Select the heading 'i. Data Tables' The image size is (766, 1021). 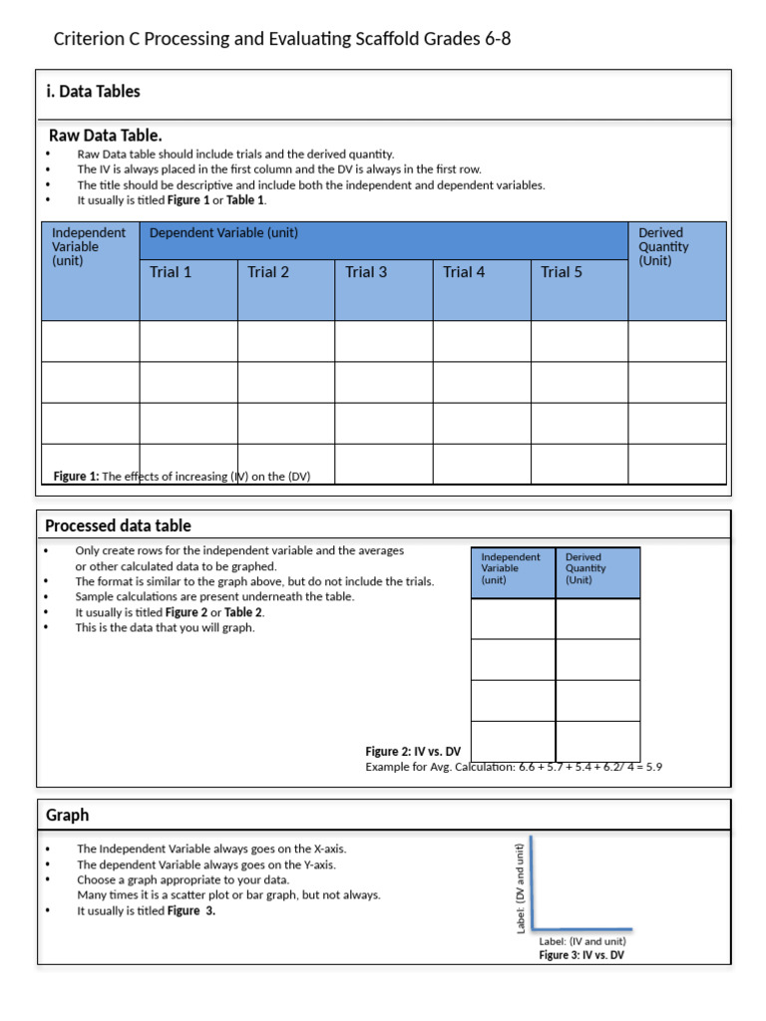[x=93, y=92]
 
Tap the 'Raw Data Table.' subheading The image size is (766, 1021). [x=106, y=136]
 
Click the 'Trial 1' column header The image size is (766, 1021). [x=171, y=272]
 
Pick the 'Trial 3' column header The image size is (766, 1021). [x=366, y=272]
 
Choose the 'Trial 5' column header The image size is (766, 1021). [x=562, y=272]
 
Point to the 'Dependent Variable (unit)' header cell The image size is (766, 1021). [x=223, y=233]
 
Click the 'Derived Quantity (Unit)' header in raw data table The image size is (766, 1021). [x=663, y=246]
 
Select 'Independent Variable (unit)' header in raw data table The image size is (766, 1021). [x=89, y=246]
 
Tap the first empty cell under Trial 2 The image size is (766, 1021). [x=285, y=341]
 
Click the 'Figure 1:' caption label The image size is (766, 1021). [x=76, y=477]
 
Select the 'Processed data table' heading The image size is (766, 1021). [x=118, y=525]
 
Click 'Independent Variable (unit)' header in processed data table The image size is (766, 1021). [x=511, y=568]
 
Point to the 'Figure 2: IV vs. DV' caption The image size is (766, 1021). [x=413, y=752]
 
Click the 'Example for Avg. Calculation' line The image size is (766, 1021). [x=514, y=767]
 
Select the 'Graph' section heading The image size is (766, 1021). [x=67, y=815]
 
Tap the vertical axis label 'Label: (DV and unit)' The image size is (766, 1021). [x=521, y=888]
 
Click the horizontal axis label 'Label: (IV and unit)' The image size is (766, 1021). [x=582, y=940]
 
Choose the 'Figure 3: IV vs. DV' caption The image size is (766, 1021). [x=581, y=955]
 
